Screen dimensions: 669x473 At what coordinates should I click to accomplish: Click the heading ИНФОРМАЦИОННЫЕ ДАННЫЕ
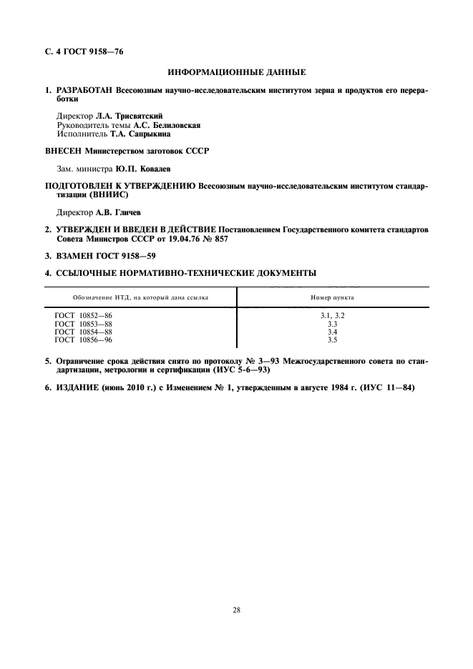pyautogui.click(x=236, y=72)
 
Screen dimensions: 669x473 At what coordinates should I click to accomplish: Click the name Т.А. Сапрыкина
pyautogui.click(x=144, y=134)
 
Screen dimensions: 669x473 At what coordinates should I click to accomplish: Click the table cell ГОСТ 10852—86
pyautogui.click(x=83, y=316)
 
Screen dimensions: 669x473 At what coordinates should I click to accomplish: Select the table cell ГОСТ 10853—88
pyautogui.click(x=83, y=324)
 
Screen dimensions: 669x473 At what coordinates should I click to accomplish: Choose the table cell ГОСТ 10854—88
pyautogui.click(x=83, y=332)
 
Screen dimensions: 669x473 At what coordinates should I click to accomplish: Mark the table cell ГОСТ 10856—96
pyautogui.click(x=83, y=340)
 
